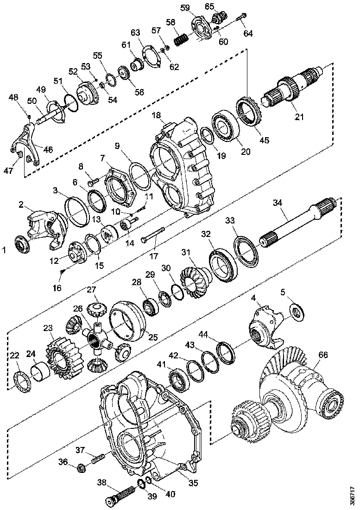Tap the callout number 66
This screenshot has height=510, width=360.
(x=322, y=355)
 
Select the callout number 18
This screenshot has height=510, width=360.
(x=156, y=115)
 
